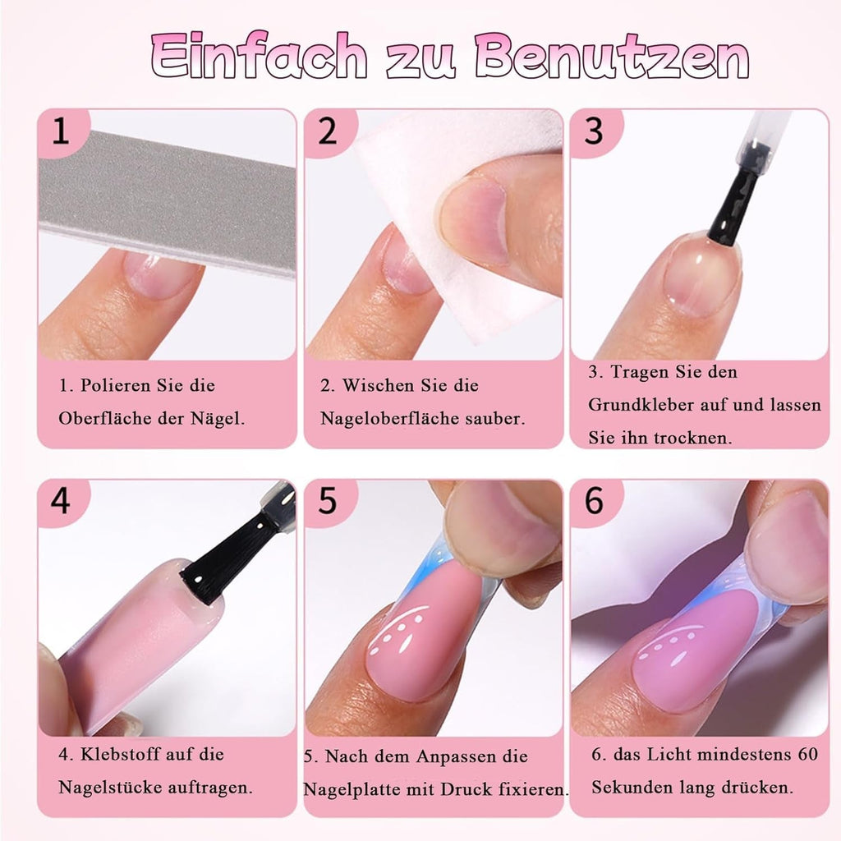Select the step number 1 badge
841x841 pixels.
point(60,131)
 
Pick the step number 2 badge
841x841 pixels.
point(327,131)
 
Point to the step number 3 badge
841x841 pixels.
point(593,131)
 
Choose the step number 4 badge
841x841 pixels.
point(60,500)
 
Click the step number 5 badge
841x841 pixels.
point(327,500)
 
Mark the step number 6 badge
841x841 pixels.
point(593,500)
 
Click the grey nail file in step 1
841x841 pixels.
point(164,197)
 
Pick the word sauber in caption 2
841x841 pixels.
point(493,419)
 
